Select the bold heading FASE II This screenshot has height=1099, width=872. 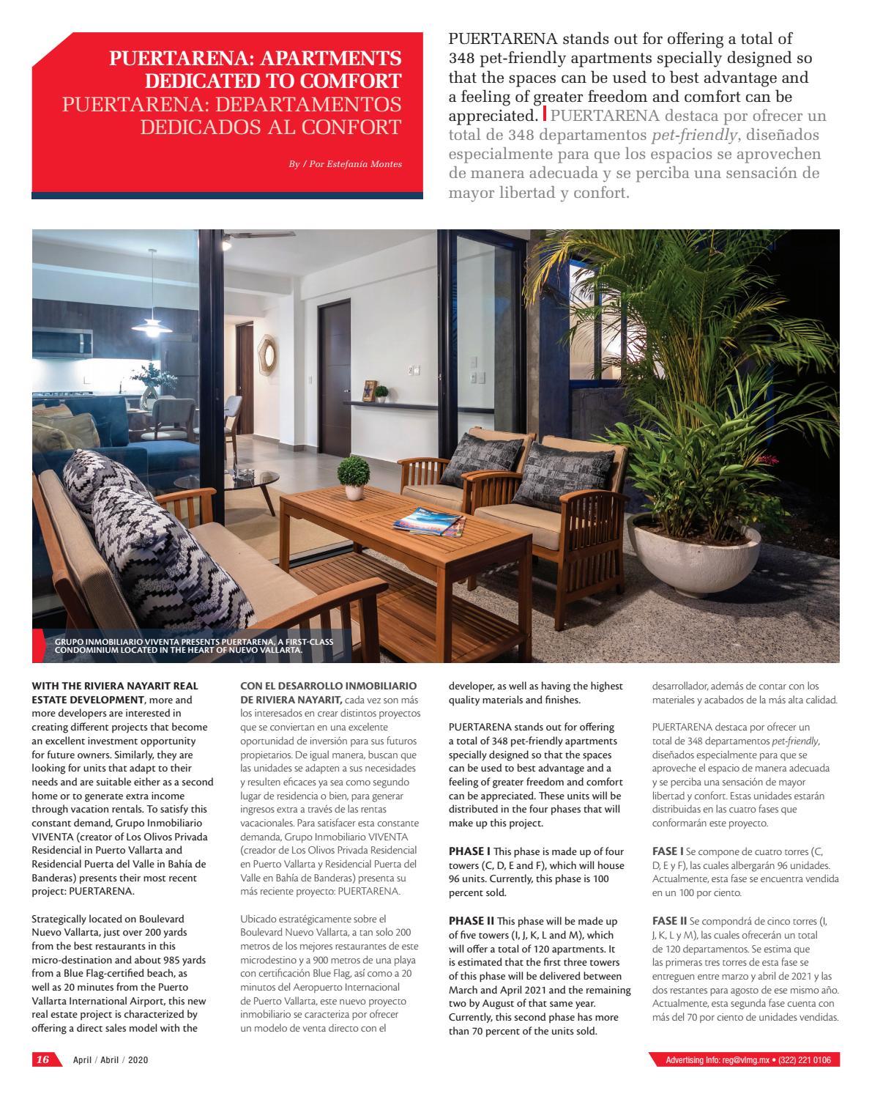(669, 919)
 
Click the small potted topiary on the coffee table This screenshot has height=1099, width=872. (354, 477)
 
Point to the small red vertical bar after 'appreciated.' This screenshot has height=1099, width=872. (545, 114)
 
